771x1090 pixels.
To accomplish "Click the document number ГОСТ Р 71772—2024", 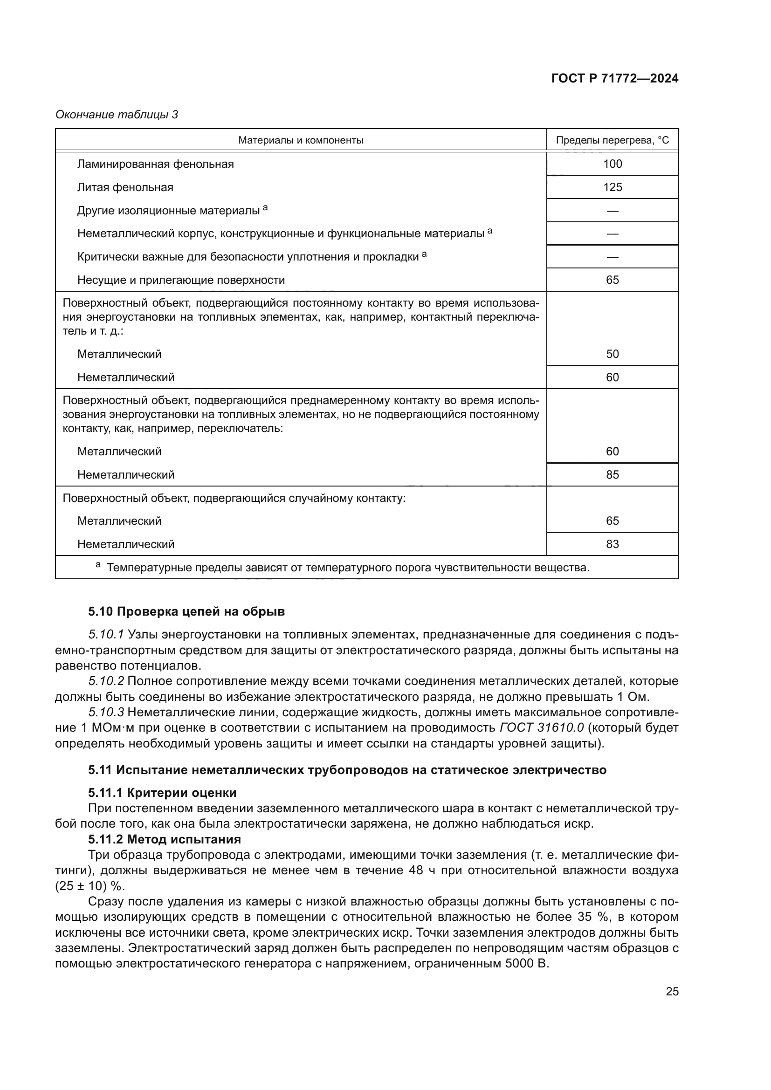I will point(614,78).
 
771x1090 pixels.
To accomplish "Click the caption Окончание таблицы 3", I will point(117,115).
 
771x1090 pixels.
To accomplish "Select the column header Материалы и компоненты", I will point(301,140).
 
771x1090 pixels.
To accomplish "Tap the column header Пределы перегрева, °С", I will point(612,140).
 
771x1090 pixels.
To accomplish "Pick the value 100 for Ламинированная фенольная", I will point(612,164).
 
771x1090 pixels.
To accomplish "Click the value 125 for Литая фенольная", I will point(612,187).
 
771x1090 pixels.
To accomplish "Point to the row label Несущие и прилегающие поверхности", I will point(181,280).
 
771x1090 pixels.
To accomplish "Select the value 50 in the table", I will point(612,354).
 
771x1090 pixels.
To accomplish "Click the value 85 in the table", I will point(612,475).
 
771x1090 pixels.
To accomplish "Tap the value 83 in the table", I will point(612,544).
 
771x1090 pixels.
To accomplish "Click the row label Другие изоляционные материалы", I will point(169,210).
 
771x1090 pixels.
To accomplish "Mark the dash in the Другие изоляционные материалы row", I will point(612,211).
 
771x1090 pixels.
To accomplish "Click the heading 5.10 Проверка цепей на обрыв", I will point(186,611).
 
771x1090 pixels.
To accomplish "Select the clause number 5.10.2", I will point(106,681).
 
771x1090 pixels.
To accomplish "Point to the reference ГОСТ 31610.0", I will point(541,728).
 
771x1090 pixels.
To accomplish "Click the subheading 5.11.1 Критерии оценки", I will point(162,793).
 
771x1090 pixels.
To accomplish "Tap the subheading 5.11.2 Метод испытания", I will point(164,839).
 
